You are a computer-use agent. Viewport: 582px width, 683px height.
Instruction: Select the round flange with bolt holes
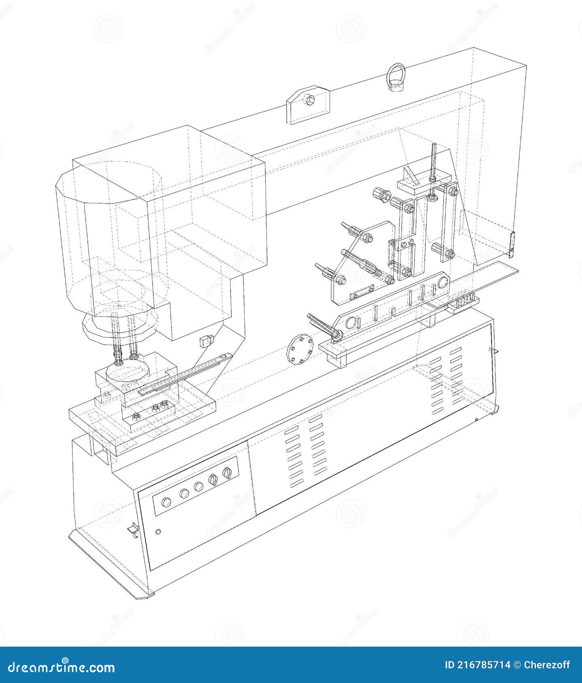300,348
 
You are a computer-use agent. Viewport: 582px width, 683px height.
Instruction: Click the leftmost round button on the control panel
166,502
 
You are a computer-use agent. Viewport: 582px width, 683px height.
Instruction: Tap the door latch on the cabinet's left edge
132,529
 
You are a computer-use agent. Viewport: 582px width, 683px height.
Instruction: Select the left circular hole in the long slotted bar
351,312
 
